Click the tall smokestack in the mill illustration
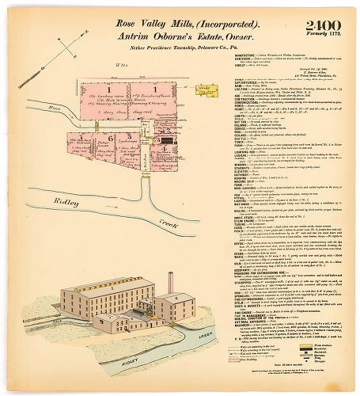(x=169, y=285)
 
